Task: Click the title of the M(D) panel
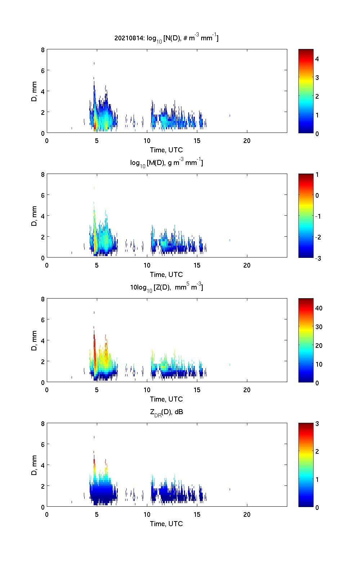tap(166, 163)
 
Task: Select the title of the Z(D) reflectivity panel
tap(166, 287)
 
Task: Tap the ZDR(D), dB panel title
tap(166, 412)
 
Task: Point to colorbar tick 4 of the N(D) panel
tap(317, 59)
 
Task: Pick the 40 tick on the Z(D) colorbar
tap(319, 308)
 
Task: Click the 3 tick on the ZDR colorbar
tap(317, 424)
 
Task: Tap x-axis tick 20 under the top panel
tap(247, 140)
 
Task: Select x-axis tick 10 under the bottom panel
tap(147, 514)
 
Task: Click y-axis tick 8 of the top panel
tap(42, 50)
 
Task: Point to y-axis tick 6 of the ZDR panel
tap(42, 444)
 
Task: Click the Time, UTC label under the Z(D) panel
tap(166, 399)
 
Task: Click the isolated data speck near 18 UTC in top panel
tap(230, 115)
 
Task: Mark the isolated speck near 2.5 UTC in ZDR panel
tap(72, 502)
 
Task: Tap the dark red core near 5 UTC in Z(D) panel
tap(94, 342)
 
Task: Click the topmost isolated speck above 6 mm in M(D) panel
tap(94, 188)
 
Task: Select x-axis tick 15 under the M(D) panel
tap(197, 265)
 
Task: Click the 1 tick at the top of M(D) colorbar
tap(317, 174)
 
